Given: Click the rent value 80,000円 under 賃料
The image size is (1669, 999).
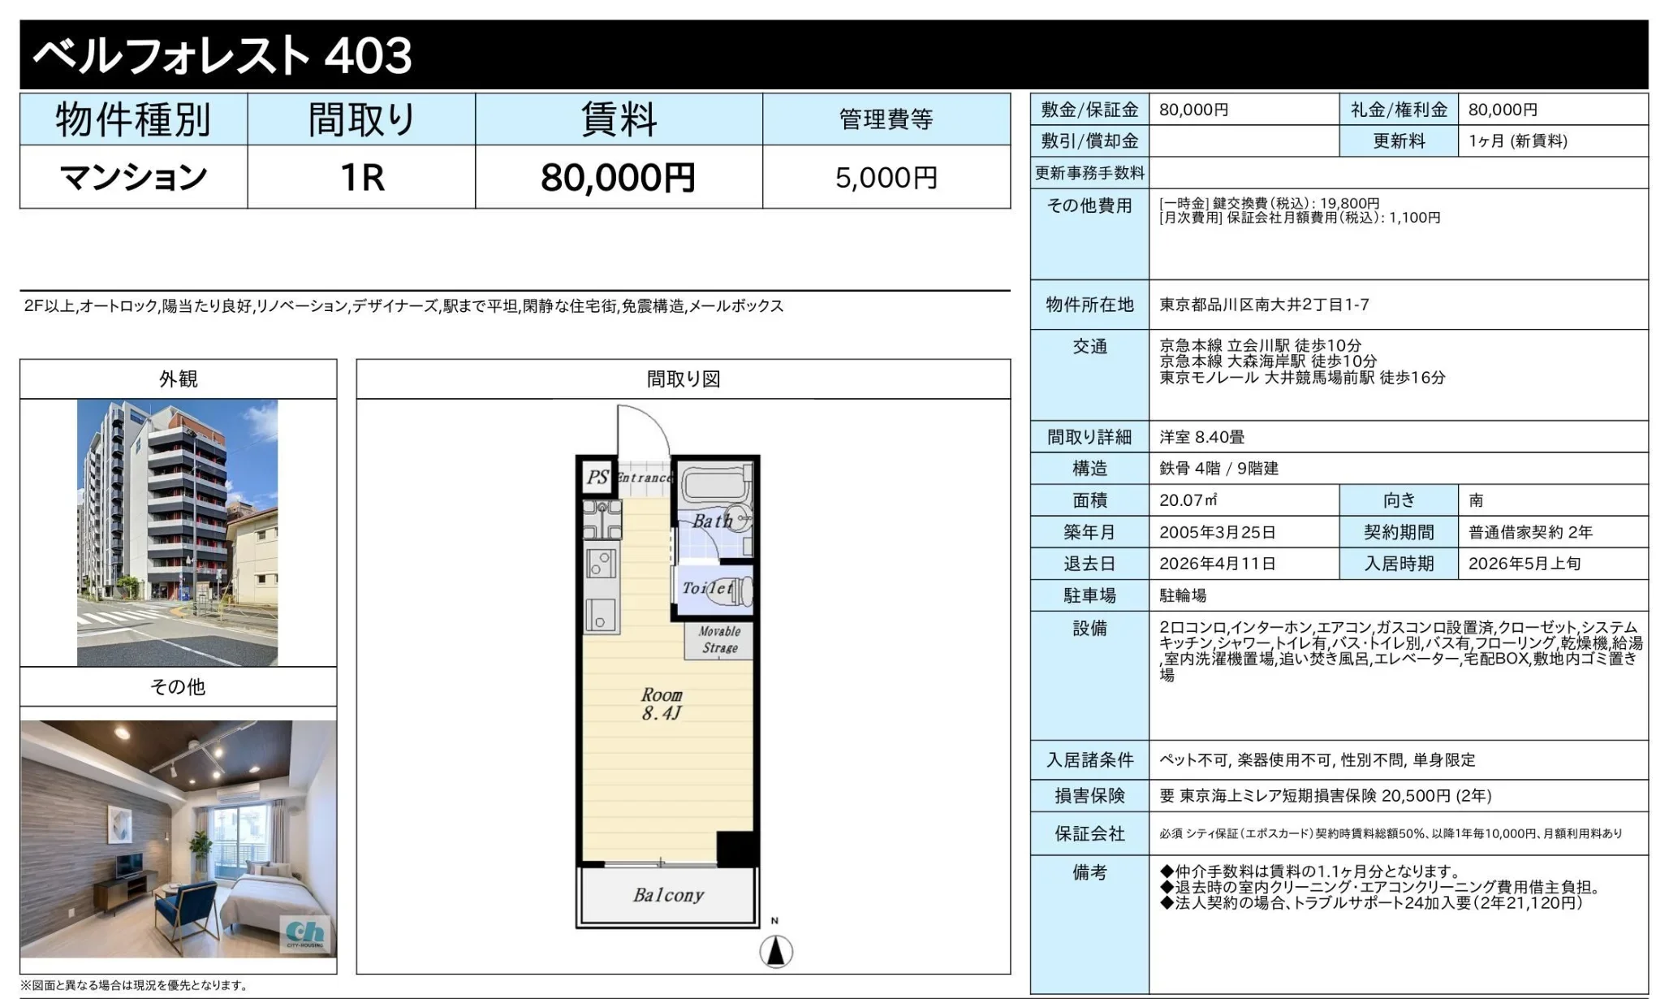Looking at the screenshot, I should (x=618, y=177).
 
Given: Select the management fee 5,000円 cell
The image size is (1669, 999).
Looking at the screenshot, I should (x=886, y=177).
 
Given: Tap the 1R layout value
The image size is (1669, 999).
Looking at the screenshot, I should (x=361, y=177).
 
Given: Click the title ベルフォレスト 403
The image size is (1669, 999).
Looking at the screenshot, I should (x=222, y=55).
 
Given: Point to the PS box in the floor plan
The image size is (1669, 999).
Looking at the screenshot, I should (x=597, y=477).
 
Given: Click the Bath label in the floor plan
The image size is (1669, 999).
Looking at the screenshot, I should (x=711, y=521).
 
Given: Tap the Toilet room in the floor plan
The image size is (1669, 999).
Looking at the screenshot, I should (x=712, y=588).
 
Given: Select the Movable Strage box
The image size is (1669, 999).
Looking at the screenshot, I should (x=719, y=639).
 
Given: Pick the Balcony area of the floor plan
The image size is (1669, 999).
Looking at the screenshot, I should (x=668, y=895).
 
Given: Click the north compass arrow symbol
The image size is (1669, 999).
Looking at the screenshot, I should (x=776, y=950).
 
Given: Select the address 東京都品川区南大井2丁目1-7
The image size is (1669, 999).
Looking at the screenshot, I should (x=1264, y=305).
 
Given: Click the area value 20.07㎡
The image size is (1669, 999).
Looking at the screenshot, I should (x=1188, y=500).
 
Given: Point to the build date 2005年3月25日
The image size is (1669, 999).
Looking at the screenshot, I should (x=1217, y=532).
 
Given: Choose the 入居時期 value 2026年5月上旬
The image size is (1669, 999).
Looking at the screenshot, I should (x=1524, y=564).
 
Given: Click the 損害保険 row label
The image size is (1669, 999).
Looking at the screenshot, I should (x=1089, y=796).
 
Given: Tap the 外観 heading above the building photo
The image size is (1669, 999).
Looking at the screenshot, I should (x=178, y=379).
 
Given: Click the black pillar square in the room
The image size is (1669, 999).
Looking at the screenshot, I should (x=737, y=849).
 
